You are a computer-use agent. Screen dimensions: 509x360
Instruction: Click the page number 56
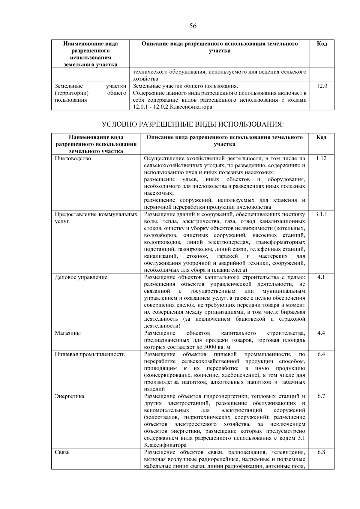pos(193,26)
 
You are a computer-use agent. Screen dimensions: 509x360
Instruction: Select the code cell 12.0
pos(322,86)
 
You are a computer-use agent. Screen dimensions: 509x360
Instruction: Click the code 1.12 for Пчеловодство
pos(321,158)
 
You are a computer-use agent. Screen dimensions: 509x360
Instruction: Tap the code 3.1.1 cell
pos(321,214)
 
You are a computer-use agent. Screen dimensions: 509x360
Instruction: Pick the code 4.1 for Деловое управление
pos(321,277)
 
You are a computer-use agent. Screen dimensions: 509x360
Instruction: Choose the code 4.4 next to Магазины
pos(321,333)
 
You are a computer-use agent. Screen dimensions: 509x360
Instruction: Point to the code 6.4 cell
pos(321,354)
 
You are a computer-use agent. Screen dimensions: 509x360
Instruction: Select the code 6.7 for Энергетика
pos(321,396)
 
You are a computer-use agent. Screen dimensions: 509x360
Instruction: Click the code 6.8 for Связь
pos(321,452)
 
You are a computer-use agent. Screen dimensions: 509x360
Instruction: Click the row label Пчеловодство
pos(73,158)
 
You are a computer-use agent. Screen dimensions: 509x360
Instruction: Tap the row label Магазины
pos(68,333)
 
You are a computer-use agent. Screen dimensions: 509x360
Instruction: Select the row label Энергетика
pos(70,396)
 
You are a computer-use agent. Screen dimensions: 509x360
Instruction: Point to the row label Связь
pos(62,452)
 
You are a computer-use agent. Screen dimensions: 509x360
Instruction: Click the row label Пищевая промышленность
pos(90,354)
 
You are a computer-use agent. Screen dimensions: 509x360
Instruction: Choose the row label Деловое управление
pos(81,277)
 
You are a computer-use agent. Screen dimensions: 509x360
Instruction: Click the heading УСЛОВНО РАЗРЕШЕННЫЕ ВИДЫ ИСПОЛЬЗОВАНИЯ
pos(193,124)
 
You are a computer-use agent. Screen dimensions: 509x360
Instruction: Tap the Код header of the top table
pos(322,44)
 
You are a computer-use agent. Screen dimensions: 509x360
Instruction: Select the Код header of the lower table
pos(321,137)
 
